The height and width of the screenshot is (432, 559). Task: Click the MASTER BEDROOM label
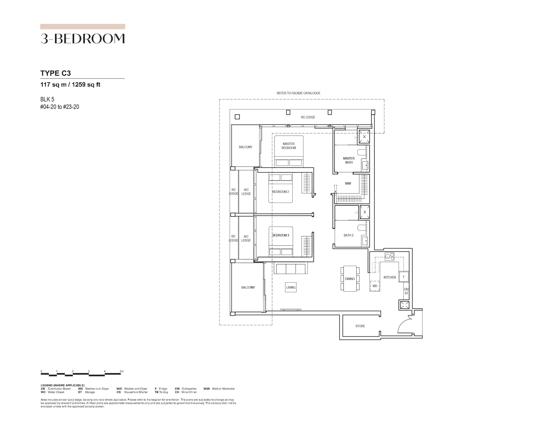(x=289, y=146)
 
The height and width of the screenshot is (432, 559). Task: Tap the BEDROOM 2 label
(x=280, y=192)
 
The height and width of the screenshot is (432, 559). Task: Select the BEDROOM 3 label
(x=281, y=235)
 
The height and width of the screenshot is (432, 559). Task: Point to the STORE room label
(x=360, y=326)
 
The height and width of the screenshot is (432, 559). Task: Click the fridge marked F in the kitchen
(x=404, y=277)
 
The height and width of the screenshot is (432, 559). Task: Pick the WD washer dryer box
(x=375, y=286)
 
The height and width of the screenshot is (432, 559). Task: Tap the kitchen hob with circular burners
(x=389, y=256)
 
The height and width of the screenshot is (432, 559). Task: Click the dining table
(x=350, y=279)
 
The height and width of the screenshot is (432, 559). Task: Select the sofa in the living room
(x=291, y=268)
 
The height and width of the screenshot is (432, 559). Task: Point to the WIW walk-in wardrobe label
(x=348, y=183)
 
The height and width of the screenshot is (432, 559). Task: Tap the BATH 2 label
(x=349, y=235)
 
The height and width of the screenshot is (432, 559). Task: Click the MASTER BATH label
(x=349, y=160)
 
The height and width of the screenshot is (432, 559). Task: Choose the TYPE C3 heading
(x=56, y=73)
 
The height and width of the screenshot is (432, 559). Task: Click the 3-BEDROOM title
(x=83, y=39)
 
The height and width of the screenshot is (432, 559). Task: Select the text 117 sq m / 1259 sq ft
(x=70, y=85)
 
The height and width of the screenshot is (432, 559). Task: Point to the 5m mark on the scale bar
(x=122, y=371)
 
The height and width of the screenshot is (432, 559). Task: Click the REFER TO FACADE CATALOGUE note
(x=298, y=93)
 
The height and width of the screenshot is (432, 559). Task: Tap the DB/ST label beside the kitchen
(x=406, y=291)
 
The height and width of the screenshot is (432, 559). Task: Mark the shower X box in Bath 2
(x=365, y=212)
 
